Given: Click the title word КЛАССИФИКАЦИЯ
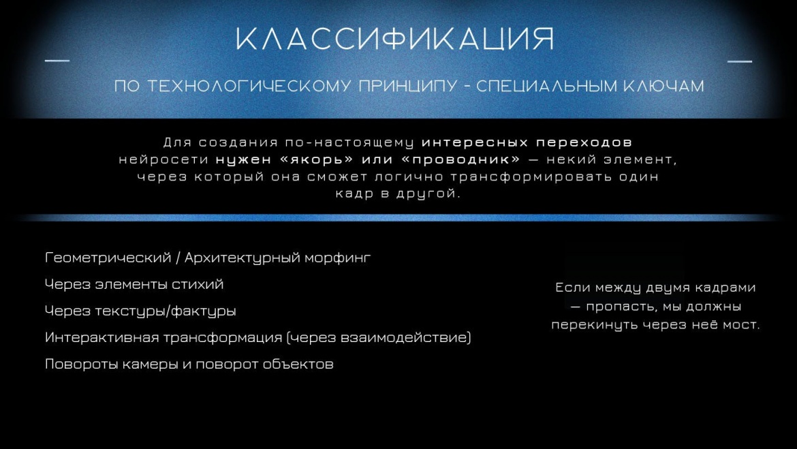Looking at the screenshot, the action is [395, 39].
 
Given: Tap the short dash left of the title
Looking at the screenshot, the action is [57, 61].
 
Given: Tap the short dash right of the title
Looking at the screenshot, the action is [740, 61].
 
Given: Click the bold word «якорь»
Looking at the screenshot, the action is [316, 159].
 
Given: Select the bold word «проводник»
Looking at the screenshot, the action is [460, 159].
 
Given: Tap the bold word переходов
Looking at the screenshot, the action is [584, 142].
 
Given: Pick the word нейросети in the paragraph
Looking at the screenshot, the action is [163, 159].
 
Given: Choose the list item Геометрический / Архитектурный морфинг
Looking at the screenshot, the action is [208, 258].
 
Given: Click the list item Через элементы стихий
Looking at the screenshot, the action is [134, 284].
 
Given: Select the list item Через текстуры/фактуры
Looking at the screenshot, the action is [140, 311].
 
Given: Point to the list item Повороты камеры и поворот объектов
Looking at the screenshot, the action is [189, 364].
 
